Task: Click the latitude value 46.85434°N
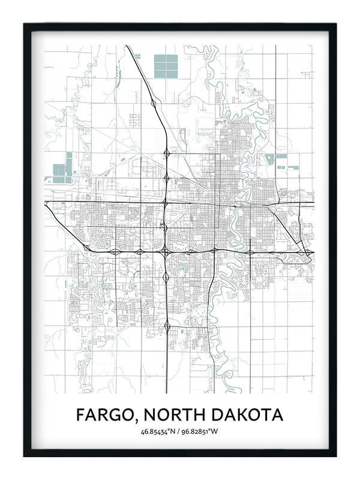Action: click(x=159, y=431)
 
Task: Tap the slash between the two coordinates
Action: click(x=179, y=431)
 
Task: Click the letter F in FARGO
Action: click(x=81, y=415)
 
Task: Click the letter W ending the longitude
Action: click(x=216, y=431)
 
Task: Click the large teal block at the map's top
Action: click(x=166, y=66)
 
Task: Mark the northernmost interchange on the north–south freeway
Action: click(x=154, y=104)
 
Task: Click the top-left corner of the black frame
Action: click(x=25, y=24)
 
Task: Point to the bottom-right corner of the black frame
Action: click(x=335, y=455)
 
